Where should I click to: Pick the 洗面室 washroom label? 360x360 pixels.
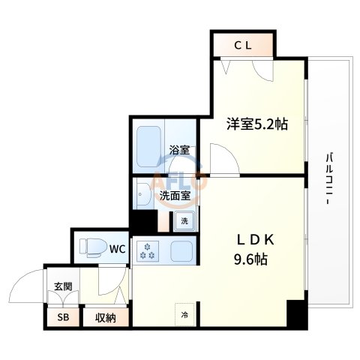click(175, 196)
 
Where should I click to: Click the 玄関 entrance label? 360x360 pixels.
click(62, 286)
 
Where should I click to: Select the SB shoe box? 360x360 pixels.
click(62, 318)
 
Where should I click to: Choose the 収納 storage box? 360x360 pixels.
click(104, 318)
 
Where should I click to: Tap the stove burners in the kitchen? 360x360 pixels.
click(146, 253)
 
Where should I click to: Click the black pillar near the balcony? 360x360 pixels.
click(296, 313)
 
